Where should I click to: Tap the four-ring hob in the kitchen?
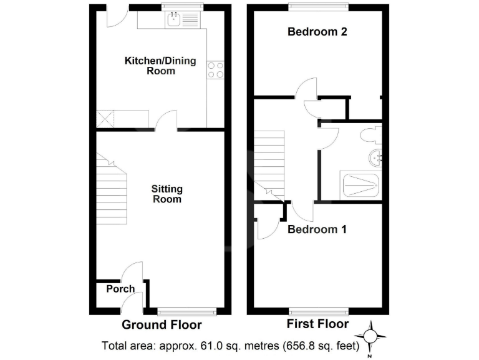coord(216,69)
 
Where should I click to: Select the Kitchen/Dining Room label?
coord(160,66)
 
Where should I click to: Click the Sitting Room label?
coord(167,194)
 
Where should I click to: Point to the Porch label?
coord(120,289)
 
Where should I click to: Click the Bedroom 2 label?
coord(317,32)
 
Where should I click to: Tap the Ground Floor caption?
coord(162,325)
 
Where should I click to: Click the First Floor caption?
coord(317,324)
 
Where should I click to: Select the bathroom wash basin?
coord(375,157)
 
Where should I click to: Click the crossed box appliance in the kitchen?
coord(104,117)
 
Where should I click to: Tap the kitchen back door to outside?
coord(116,16)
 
